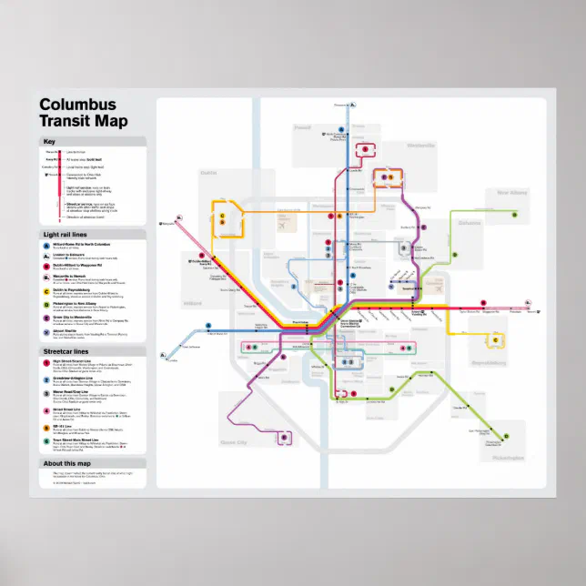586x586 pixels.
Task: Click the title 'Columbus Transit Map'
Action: pyautogui.click(x=84, y=112)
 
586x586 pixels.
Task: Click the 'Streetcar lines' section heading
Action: pyautogui.click(x=66, y=350)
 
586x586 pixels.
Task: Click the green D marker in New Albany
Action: pyautogui.click(x=514, y=216)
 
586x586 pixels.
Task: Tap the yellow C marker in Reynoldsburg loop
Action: pyautogui.click(x=496, y=340)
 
